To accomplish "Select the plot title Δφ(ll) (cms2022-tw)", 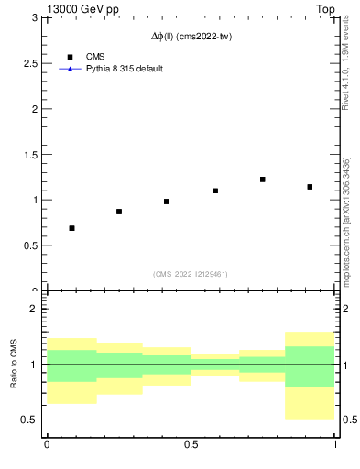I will pos(191,38).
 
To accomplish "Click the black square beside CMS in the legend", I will pos(70,57).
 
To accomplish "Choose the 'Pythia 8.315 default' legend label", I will pos(124,69).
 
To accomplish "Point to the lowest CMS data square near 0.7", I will pos(71,228).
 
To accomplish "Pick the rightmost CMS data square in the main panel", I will pos(311,187).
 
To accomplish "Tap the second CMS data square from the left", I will pos(119,212).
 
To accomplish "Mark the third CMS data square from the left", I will pos(167,202).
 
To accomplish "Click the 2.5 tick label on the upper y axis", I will pos(31,63).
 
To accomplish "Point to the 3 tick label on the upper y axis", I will pos(35,17).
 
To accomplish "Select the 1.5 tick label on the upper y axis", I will pos(31,154).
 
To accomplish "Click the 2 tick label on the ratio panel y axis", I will pos(35,309).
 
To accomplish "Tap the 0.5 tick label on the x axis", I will pos(191,444).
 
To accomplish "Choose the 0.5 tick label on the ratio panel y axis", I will pos(31,420).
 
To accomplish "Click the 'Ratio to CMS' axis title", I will pos(14,365).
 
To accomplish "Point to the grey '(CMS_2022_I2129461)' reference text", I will pos(191,274).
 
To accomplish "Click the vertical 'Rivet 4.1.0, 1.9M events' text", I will pos(345,62).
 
